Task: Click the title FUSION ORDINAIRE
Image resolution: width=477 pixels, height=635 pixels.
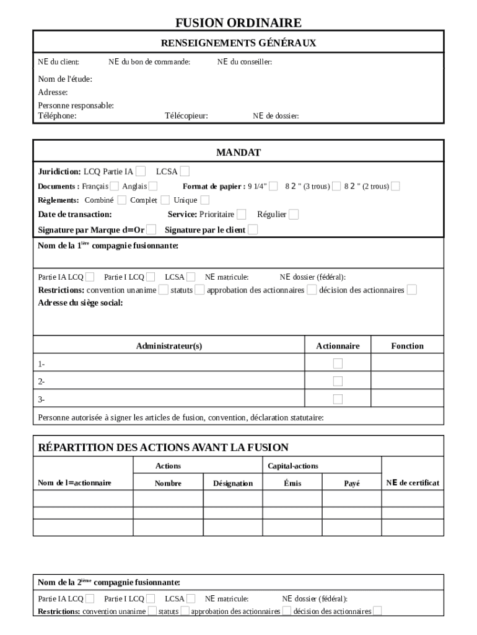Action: [239, 23]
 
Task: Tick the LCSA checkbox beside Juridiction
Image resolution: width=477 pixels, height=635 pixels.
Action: [185, 171]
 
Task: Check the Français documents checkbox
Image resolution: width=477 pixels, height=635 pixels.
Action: [114, 186]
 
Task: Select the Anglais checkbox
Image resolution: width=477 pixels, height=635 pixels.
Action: [153, 186]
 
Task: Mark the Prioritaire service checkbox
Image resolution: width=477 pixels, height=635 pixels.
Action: [241, 214]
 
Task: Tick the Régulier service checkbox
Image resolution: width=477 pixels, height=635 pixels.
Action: [294, 214]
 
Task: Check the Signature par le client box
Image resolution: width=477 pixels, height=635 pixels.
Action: [253, 229]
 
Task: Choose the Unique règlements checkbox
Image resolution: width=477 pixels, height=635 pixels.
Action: [204, 200]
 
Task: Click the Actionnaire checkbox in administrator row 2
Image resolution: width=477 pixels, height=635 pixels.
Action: [338, 381]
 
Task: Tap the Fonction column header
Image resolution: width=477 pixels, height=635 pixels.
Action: [407, 346]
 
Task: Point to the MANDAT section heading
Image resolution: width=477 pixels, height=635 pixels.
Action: [239, 153]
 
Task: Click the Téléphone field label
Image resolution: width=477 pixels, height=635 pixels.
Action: [58, 115]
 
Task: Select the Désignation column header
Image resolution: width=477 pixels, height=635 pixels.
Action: [233, 483]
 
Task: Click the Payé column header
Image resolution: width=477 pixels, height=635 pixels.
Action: [352, 483]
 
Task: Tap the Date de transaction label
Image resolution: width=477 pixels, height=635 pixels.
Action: [75, 214]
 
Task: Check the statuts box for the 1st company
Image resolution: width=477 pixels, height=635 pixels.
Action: [199, 290]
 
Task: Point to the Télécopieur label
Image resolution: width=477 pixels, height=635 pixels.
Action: [186, 115]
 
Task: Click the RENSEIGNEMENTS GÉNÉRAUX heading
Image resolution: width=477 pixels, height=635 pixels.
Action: [239, 43]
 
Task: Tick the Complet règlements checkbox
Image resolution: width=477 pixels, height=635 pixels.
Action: [165, 200]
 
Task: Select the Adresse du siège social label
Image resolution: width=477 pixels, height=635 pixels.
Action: [81, 303]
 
